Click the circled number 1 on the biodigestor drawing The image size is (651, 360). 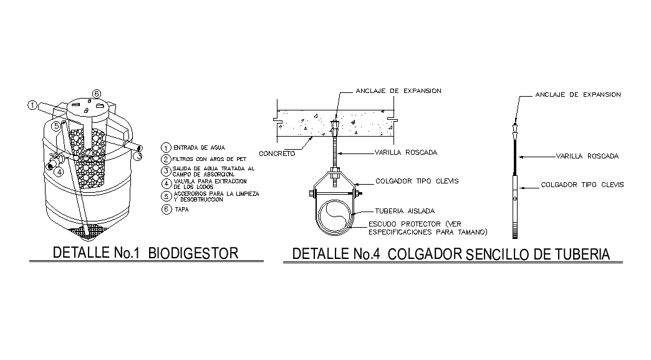coord(32,105)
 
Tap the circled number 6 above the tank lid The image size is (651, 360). coord(96,94)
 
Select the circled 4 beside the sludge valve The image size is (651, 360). coord(58,172)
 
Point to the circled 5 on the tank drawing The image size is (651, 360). coord(56,126)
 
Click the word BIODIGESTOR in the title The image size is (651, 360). coord(194,253)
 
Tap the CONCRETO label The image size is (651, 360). coord(277,153)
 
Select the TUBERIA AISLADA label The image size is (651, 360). coord(404,210)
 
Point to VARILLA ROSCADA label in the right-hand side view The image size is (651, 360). coord(587,156)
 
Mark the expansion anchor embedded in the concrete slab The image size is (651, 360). coord(335,130)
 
